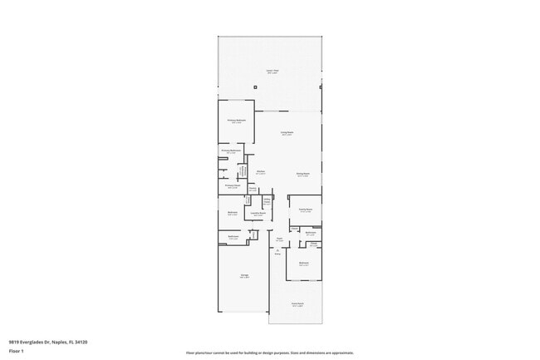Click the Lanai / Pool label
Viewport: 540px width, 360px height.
coord(271,72)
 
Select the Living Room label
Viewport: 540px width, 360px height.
coord(287,133)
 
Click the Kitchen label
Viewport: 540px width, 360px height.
coord(260,172)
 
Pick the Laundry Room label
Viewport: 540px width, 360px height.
coord(259,214)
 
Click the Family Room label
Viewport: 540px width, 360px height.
coord(305,210)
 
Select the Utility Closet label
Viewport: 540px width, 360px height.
coord(268,201)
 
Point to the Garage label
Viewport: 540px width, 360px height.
coord(245,276)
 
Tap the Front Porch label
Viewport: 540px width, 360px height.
coord(297,304)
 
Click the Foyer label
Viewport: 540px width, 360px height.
coord(279,239)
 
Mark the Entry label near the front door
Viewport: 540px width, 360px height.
coord(277,253)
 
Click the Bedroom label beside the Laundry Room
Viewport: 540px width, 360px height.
coord(233,213)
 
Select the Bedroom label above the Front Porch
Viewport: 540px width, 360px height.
coord(305,264)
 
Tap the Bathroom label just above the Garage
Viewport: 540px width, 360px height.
coord(233,238)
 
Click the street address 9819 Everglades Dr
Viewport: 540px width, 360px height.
coord(48,342)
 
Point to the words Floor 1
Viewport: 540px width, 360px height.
coord(16,351)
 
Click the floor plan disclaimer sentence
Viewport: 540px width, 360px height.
coord(270,353)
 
